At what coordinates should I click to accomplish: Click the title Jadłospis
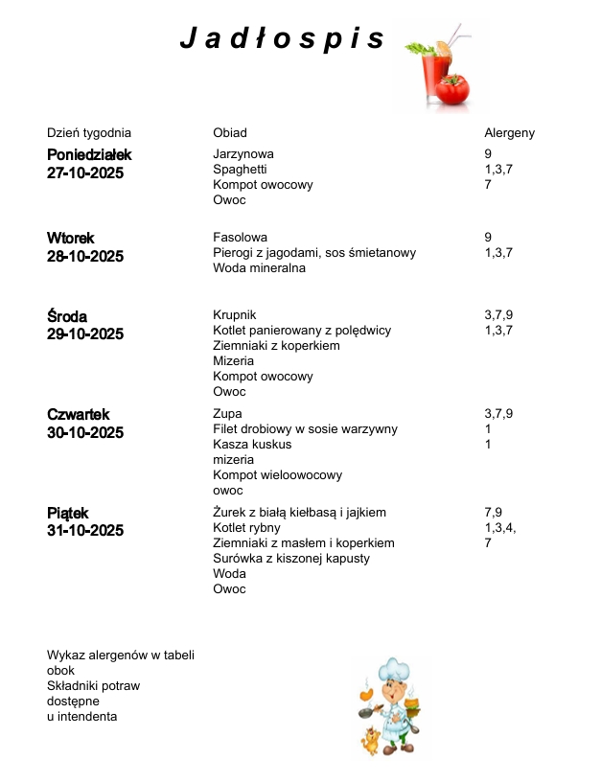click(x=283, y=38)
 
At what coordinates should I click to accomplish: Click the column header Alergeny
click(x=509, y=133)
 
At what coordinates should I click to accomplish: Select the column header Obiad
click(x=230, y=133)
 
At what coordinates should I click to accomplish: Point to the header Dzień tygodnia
click(x=89, y=133)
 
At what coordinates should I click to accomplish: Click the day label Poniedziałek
click(x=89, y=155)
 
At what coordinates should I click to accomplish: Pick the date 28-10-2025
click(x=85, y=257)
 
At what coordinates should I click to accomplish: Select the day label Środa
click(x=67, y=316)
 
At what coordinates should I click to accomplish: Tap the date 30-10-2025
click(x=85, y=433)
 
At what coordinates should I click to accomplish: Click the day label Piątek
click(x=68, y=514)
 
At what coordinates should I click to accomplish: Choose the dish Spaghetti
click(x=240, y=170)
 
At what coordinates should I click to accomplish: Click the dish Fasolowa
click(x=240, y=238)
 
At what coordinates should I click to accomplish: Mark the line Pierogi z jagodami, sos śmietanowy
click(x=314, y=253)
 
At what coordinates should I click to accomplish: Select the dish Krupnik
click(x=235, y=315)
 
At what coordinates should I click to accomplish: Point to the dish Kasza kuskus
click(x=252, y=445)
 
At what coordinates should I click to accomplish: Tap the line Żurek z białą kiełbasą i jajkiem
click(x=299, y=513)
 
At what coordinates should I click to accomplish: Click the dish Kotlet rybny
click(x=246, y=528)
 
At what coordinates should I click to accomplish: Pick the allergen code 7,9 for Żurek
click(x=494, y=513)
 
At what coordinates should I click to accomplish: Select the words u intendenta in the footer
click(x=82, y=717)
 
